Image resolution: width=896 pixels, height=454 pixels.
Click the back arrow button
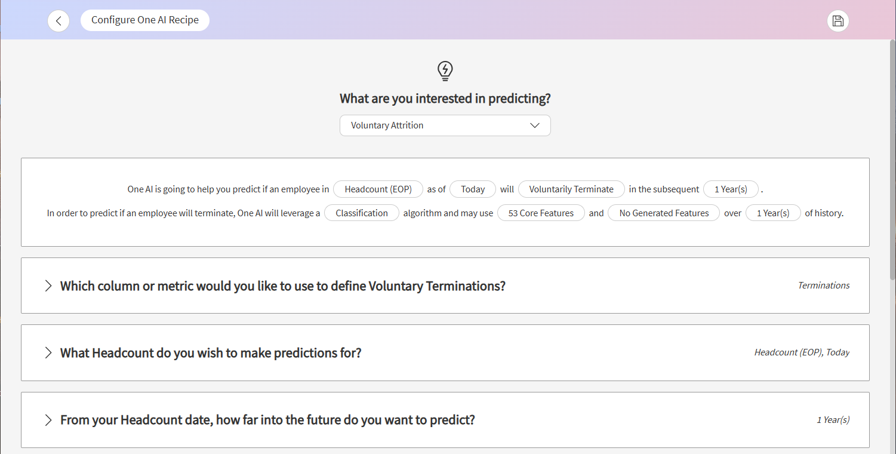58,21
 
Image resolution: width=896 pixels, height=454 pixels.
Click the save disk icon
838,21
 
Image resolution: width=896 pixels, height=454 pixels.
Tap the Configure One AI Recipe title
145,20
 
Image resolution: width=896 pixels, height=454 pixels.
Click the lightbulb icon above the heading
445,71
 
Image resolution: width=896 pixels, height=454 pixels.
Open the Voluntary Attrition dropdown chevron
534,125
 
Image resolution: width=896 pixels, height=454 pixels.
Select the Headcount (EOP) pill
378,189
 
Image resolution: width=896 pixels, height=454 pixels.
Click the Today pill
472,189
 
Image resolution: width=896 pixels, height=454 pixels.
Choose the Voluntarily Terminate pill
571,189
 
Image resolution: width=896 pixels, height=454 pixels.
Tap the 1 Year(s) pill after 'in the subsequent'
731,189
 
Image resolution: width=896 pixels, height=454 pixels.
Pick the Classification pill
362,213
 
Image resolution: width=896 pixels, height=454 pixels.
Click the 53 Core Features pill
541,213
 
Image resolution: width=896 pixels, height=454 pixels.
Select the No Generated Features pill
664,213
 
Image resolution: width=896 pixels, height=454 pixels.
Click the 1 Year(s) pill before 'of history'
773,213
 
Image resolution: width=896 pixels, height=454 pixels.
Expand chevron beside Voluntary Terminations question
48,286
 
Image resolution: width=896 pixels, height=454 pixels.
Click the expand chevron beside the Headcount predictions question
48,352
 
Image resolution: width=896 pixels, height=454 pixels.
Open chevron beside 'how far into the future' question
48,420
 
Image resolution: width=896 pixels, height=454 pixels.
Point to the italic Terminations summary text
824,286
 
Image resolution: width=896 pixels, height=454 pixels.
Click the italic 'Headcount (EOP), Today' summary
802,352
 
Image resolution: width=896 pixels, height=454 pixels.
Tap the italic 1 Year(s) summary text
833,419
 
